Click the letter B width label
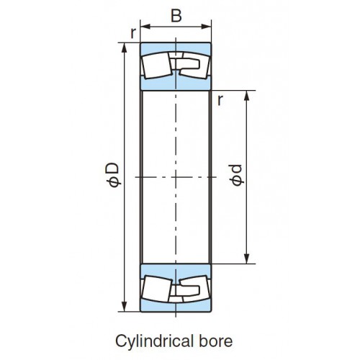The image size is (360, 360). (176, 16)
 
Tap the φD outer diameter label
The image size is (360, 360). (113, 174)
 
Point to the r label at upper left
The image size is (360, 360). (133, 33)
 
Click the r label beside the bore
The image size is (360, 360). (220, 100)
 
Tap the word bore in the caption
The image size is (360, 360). (215, 341)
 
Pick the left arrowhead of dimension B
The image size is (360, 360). (145, 27)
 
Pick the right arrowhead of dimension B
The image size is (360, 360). (207, 27)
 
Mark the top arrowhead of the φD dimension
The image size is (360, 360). (125, 48)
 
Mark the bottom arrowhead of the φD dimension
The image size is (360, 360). (125, 307)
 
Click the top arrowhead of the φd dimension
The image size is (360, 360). (247, 95)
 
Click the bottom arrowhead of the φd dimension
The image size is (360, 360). (247, 259)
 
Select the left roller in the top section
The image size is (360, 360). (156, 66)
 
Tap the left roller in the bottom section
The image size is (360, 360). (156, 289)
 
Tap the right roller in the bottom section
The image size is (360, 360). (195, 289)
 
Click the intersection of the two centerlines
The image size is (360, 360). (176, 177)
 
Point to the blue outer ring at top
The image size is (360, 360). (176, 48)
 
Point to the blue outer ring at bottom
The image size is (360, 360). (176, 307)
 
